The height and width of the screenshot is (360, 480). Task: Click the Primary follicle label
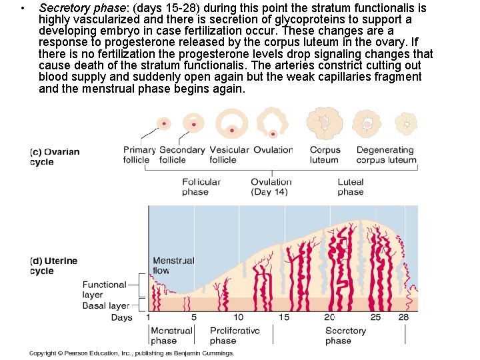coord(139,155)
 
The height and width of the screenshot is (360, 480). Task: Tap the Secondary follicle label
coord(181,155)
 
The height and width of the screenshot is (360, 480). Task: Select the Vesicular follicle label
coord(229,155)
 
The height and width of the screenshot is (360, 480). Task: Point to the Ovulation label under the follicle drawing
coord(273,150)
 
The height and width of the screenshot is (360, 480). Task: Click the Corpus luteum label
coord(325,155)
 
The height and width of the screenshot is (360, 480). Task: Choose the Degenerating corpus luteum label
coord(386,155)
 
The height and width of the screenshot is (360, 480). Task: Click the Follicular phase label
coord(201,187)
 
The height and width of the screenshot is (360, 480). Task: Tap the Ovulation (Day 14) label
coord(271,187)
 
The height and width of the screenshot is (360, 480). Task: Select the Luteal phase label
coord(350,187)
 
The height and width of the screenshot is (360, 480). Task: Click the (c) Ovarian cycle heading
coord(55,157)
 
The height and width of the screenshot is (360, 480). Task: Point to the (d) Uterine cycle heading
coord(54,266)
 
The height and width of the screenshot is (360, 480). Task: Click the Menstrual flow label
coord(173,265)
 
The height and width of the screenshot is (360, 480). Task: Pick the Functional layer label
coord(104,289)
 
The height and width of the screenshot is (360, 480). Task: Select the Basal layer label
coord(105,306)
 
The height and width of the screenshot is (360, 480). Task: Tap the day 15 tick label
coord(284,317)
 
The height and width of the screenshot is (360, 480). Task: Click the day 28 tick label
coord(403,317)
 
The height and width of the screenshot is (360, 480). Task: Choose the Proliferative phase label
coord(234,335)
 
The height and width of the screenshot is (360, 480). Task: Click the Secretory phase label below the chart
coord(345,335)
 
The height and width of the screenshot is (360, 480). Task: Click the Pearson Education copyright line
coord(132,353)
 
